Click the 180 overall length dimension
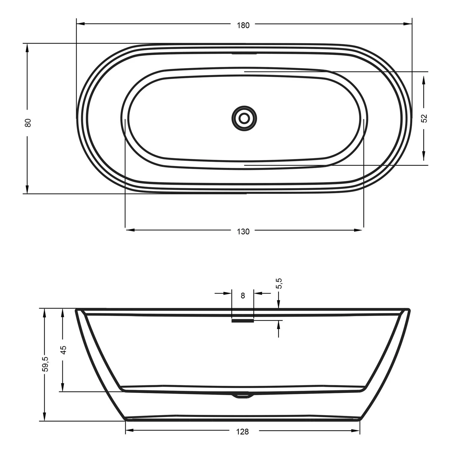(x=243, y=25)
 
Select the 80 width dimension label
(x=28, y=122)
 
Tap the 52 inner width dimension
(x=424, y=118)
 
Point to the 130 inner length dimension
(x=243, y=231)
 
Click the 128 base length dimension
(x=243, y=432)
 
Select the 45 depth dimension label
(x=63, y=350)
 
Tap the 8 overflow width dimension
(x=243, y=296)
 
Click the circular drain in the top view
(x=244, y=118)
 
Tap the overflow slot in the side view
(x=243, y=321)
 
